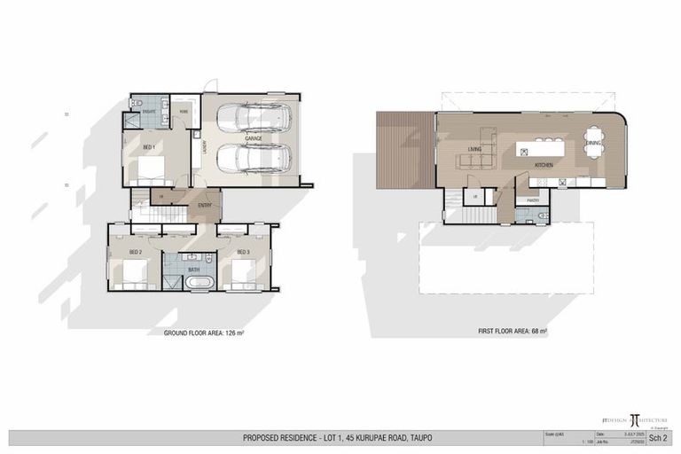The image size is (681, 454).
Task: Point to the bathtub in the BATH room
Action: coord(199,283)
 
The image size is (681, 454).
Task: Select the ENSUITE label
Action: coord(149,113)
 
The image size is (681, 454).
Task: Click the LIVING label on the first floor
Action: coord(474,149)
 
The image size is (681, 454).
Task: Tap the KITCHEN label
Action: coord(544,166)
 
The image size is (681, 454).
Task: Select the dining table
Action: coord(593,142)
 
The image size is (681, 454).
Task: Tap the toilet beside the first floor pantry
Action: coord(543,215)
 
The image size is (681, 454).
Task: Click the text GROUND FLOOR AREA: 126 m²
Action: coord(204,333)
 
